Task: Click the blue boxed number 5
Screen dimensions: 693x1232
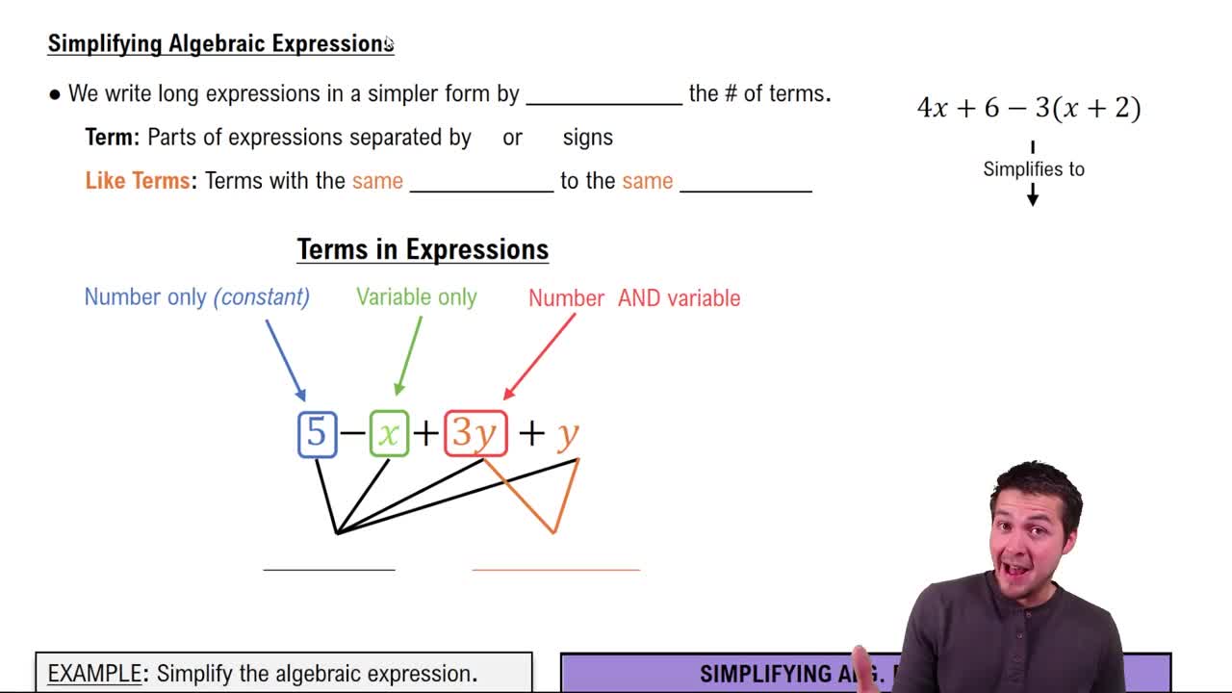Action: [317, 433]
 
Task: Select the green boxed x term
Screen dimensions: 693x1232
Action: [389, 433]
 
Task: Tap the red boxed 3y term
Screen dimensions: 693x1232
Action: [475, 433]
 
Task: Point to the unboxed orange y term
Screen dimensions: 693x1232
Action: [568, 435]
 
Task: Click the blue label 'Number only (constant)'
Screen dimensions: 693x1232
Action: [196, 297]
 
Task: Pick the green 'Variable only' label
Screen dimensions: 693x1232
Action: [416, 297]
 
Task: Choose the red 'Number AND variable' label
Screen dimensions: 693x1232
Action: [634, 298]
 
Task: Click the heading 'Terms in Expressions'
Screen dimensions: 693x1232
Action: [423, 249]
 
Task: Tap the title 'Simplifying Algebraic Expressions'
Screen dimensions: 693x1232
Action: [220, 43]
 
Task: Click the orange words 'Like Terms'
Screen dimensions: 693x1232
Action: [138, 181]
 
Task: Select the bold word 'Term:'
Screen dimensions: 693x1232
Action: [113, 138]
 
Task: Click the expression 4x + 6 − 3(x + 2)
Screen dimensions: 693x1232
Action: [1029, 108]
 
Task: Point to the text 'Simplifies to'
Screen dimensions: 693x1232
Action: [1034, 169]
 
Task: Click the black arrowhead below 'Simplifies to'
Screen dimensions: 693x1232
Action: [1033, 198]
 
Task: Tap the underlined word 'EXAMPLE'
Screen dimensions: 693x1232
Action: [93, 674]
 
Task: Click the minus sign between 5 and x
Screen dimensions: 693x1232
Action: [352, 433]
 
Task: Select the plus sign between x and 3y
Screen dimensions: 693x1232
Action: [425, 433]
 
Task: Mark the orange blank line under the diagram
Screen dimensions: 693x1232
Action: [555, 569]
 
